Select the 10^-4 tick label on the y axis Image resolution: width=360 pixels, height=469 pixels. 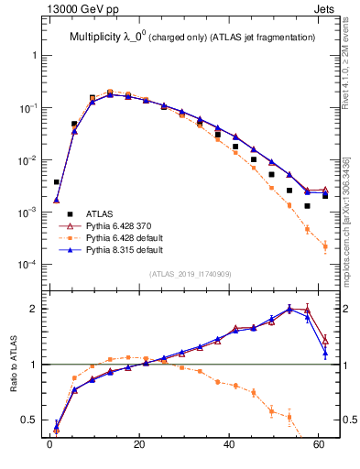(x=27, y=265)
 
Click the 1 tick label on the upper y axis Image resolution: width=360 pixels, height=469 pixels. (x=34, y=56)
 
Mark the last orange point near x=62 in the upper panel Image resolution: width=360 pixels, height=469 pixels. (x=325, y=246)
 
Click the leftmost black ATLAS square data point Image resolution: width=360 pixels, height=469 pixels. (x=56, y=182)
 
